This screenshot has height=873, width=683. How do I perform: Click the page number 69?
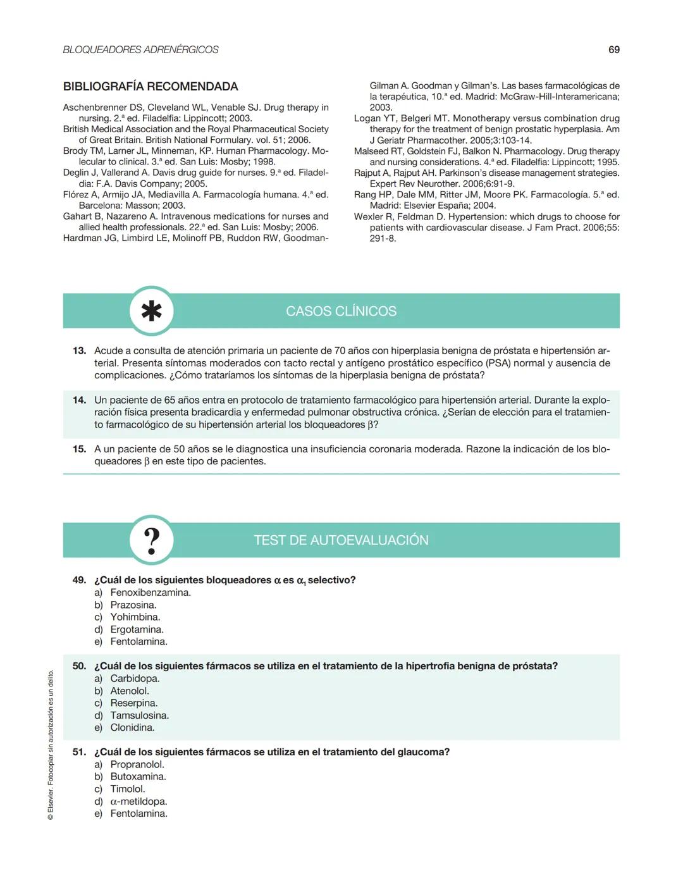pos(613,50)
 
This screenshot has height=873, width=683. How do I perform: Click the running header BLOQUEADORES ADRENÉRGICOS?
pos(140,50)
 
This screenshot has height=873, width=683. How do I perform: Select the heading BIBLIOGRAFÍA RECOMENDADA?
pos(151,87)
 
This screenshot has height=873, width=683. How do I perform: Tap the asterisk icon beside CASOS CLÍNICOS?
pos(151,311)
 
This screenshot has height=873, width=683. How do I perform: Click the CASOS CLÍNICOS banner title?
pos(341,311)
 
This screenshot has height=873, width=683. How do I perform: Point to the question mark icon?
pos(151,541)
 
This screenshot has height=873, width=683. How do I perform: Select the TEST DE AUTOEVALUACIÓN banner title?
pos(341,540)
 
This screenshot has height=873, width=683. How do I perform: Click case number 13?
pos(79,350)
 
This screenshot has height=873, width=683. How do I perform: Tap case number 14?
pos(79,400)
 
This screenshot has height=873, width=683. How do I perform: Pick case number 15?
pos(79,449)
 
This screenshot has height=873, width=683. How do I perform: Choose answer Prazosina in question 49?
pos(133,605)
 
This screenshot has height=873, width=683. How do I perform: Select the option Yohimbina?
pos(135,617)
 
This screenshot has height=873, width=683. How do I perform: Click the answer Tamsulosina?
pos(139,715)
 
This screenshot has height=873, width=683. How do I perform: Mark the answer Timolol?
pos(127,789)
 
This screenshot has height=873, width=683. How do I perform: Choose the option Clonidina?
pos(132,727)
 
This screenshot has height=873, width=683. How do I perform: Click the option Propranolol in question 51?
pos(137,764)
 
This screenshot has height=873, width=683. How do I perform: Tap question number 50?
pos(79,666)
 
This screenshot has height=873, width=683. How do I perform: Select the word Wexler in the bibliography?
pos(368,216)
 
